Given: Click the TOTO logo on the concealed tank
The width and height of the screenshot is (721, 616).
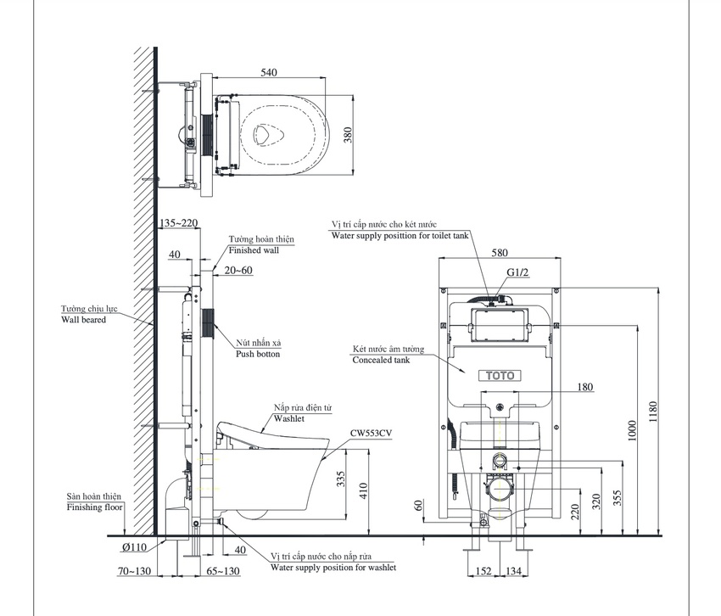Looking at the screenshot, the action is [x=500, y=376].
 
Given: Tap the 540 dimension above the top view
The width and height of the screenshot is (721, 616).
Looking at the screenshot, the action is [x=269, y=72].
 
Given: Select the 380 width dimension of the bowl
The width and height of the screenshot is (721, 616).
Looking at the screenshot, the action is [x=348, y=135].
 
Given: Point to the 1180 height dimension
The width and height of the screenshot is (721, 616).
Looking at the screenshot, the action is [x=653, y=412].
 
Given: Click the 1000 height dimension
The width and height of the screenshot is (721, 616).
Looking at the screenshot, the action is [x=632, y=430].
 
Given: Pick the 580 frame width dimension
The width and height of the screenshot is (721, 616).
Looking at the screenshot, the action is [x=500, y=253].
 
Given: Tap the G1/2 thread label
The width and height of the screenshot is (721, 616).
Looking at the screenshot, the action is [x=517, y=272].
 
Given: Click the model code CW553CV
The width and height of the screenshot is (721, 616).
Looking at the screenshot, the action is [x=371, y=433].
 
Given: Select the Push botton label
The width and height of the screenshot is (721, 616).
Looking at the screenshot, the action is [x=258, y=354].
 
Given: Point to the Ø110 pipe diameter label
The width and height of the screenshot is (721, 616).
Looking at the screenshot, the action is [x=134, y=547].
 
